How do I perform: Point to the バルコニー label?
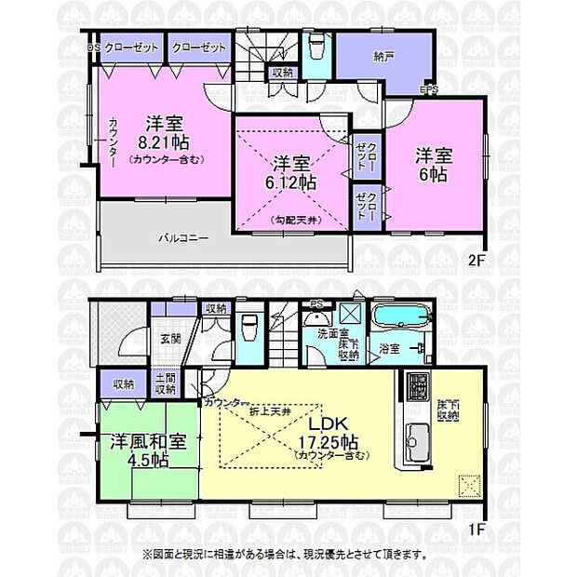pyautogui.click(x=181, y=238)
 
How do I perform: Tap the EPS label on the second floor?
pyautogui.click(x=430, y=90)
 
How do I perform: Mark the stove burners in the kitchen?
pyautogui.click(x=416, y=384)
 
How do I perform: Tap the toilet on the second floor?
pyautogui.click(x=315, y=47)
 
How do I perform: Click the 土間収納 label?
pyautogui.click(x=166, y=382)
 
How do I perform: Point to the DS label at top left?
pyautogui.click(x=94, y=47)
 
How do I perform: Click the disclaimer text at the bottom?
pyautogui.click(x=286, y=554)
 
